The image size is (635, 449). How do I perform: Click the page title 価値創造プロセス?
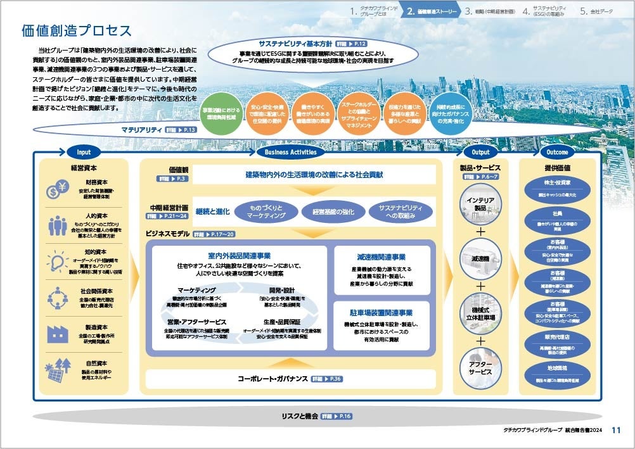click(x=77, y=31)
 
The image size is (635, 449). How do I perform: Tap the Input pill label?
click(x=84, y=152)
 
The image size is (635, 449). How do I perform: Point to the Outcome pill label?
click(x=557, y=152)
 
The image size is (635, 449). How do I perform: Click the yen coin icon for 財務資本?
click(x=58, y=188)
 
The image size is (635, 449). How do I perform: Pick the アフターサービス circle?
click(x=480, y=369)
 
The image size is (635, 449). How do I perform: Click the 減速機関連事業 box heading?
click(x=380, y=258)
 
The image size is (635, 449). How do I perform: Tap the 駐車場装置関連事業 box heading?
click(x=380, y=313)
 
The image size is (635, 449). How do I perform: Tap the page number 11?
click(x=616, y=430)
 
